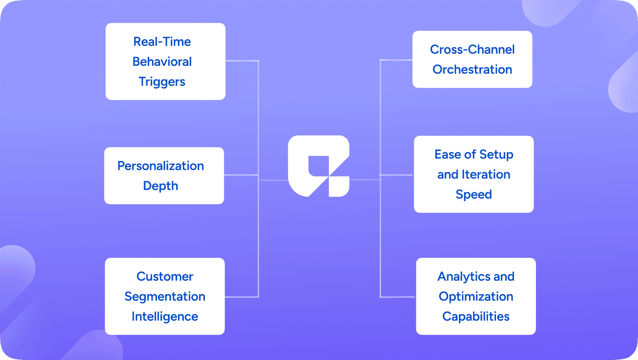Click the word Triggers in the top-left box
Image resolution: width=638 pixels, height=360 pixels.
click(162, 81)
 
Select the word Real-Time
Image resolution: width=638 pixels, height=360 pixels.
click(162, 41)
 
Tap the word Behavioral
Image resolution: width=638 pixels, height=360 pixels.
click(162, 62)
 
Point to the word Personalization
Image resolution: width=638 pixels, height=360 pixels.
click(161, 166)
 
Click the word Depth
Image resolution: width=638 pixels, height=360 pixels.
click(161, 186)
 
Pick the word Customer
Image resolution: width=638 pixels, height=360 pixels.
click(165, 277)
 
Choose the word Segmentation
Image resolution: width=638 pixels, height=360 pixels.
click(165, 296)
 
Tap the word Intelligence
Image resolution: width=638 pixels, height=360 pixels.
click(165, 316)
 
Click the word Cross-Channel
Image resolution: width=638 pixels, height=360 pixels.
click(473, 49)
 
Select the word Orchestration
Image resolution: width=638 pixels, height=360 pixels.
click(473, 69)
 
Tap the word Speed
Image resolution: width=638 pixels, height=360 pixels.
click(474, 195)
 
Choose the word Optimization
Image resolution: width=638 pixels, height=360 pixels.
click(476, 296)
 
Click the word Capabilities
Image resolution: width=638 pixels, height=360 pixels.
click(476, 316)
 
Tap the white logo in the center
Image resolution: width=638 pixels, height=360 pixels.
click(318, 166)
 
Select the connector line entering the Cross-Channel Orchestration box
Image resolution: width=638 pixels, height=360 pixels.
click(397, 60)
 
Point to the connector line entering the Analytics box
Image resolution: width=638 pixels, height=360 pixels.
click(398, 297)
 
